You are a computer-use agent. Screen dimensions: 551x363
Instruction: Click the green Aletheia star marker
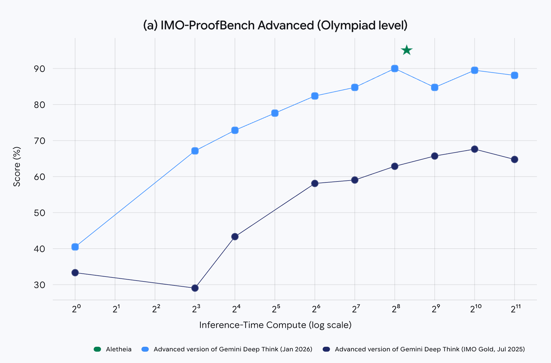coord(407,50)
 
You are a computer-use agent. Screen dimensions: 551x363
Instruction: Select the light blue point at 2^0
coord(75,247)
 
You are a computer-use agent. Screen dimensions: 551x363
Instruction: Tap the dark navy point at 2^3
coord(195,288)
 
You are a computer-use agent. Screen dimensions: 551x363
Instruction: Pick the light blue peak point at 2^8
coord(395,68)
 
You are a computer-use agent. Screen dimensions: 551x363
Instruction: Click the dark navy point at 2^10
coord(474,149)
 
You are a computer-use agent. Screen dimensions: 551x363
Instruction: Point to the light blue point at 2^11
coord(515,75)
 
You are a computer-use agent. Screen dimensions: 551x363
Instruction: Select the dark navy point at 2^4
coord(235,237)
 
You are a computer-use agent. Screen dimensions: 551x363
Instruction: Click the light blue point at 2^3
coord(195,151)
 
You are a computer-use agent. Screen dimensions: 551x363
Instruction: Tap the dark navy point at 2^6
coord(315,184)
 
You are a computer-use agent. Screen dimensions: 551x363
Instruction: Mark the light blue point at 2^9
coord(435,87)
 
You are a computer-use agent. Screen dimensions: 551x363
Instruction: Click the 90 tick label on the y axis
coord(39,69)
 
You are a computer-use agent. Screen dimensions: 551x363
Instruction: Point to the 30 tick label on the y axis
coord(39,285)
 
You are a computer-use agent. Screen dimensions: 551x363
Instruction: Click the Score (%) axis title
coord(17,167)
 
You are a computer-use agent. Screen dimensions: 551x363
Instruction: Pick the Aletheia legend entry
coord(113,349)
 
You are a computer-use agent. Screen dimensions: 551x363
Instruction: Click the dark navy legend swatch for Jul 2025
coord(326,349)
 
